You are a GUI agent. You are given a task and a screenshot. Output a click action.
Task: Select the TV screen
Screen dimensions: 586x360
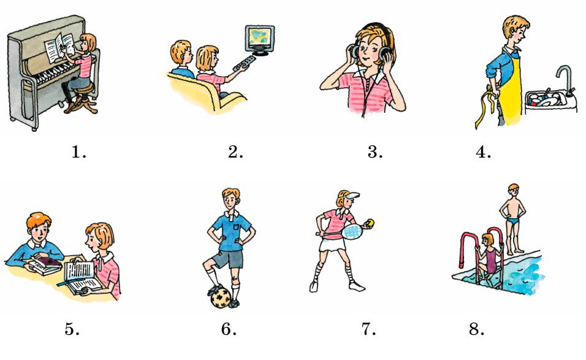(x=260, y=38)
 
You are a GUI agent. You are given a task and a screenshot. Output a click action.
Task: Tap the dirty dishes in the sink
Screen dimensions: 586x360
(x=546, y=99)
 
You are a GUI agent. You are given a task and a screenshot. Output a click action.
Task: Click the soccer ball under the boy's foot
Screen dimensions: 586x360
(x=222, y=297)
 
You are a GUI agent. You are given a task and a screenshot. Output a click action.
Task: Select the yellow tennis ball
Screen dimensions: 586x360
(x=370, y=223)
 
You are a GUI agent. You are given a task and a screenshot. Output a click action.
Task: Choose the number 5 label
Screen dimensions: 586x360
(x=72, y=329)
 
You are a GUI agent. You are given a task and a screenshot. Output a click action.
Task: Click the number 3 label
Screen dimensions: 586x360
(x=375, y=151)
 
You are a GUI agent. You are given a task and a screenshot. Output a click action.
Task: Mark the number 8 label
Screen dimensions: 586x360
(x=476, y=329)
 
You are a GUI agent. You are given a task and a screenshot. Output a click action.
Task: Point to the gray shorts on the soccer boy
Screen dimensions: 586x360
(x=228, y=259)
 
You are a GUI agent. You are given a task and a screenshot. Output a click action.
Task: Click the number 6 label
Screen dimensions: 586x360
(x=229, y=329)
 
